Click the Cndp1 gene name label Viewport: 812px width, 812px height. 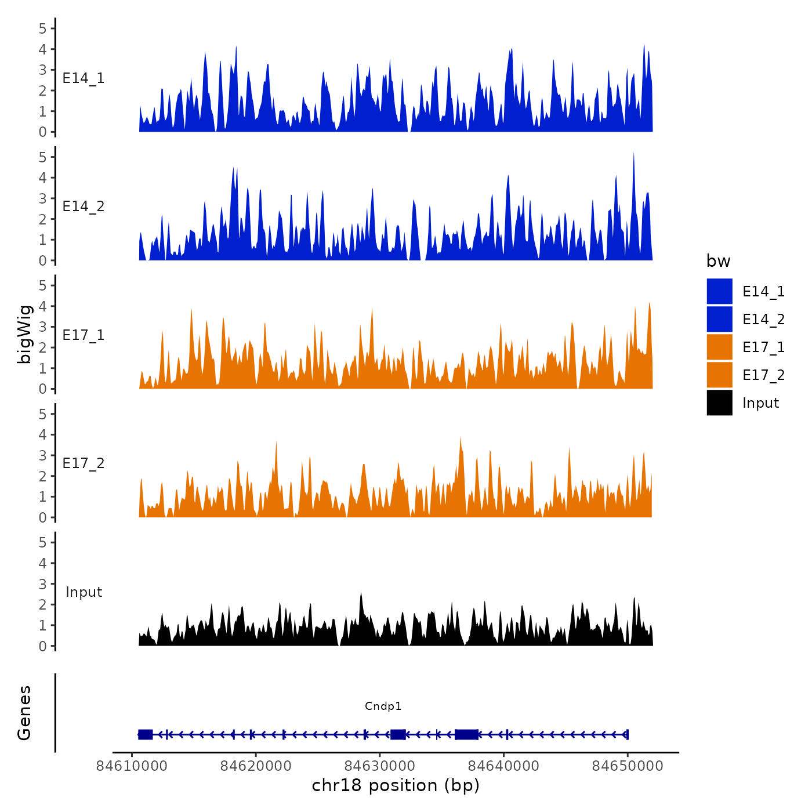(383, 706)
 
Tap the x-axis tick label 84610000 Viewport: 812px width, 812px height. (132, 766)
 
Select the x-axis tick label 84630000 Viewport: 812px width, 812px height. (380, 766)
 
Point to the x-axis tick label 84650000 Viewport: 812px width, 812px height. (628, 766)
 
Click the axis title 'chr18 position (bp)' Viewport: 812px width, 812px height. (396, 785)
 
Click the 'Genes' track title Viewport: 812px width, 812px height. (24, 713)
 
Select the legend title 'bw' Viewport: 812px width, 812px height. (718, 261)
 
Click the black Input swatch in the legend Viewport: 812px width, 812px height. (719, 403)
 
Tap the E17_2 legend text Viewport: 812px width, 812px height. (763, 375)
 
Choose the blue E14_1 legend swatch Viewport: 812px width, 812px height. (719, 291)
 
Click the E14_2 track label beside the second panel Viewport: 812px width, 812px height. (84, 206)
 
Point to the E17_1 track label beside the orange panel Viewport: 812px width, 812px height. (84, 335)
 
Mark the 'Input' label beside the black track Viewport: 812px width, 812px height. (84, 592)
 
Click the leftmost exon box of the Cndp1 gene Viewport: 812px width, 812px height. (145, 734)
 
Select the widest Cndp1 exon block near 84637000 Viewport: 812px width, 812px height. (466, 734)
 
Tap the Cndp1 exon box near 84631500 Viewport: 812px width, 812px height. (398, 734)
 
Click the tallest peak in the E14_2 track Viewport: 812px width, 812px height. (633, 154)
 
